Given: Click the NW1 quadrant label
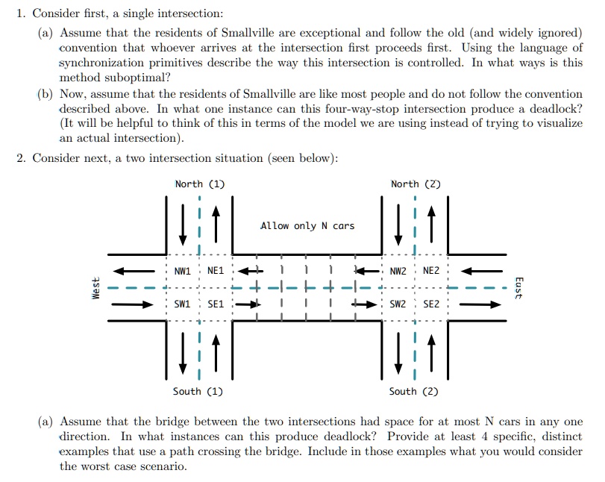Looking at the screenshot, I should tap(183, 271).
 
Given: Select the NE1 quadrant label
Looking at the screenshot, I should tap(216, 271).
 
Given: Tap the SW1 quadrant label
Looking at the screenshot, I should tap(183, 304).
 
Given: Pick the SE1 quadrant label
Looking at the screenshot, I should tap(216, 304).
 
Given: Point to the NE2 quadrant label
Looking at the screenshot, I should tap(431, 271).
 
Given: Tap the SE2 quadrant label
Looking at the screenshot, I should tap(431, 304).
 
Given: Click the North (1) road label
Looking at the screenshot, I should tap(200, 184).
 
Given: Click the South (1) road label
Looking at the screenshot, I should tap(198, 391).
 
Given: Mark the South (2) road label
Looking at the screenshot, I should tap(414, 391).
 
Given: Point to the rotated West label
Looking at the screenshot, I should tap(95, 288).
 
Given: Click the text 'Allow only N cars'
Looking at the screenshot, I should tap(307, 225).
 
